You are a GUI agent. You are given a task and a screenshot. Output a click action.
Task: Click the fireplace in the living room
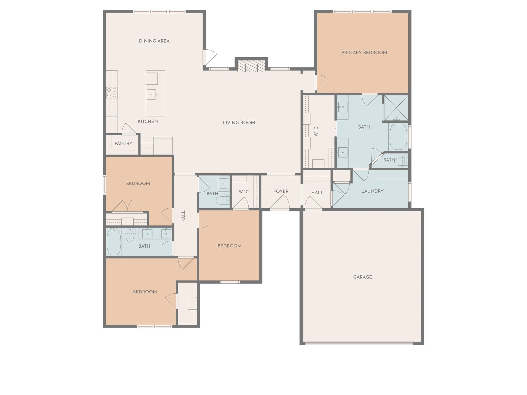251,66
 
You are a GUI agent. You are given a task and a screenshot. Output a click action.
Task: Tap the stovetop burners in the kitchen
112,93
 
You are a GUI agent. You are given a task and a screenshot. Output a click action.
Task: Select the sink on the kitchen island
151,94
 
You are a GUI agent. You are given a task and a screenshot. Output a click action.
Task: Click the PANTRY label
123,143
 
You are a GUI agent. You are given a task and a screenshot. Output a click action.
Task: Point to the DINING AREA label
154,41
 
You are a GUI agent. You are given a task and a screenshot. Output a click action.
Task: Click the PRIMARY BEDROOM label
364,53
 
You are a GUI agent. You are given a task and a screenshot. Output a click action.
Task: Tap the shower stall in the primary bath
396,108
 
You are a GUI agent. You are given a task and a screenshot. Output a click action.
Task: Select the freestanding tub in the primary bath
398,137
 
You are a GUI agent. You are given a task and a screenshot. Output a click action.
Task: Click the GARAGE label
362,277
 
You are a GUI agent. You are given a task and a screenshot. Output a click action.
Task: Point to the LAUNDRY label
372,191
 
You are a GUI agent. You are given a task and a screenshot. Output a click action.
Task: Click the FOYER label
281,191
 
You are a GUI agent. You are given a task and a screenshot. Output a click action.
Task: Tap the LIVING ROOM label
239,123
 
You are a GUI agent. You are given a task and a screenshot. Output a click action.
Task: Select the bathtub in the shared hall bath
114,242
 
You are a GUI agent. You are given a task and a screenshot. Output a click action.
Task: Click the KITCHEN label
148,121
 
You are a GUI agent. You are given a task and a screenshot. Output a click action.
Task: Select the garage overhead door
359,343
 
